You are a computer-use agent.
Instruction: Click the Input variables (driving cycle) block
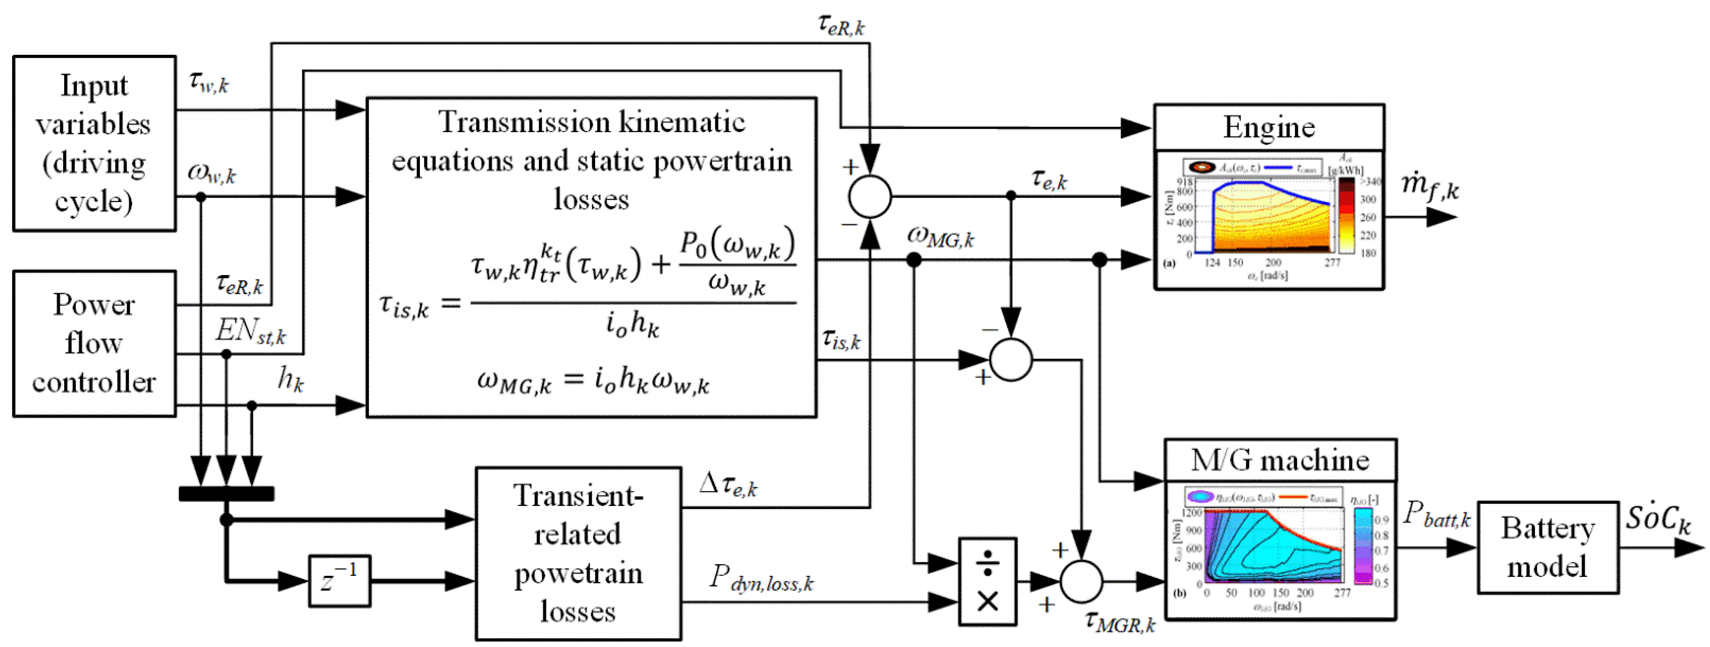pyautogui.click(x=94, y=143)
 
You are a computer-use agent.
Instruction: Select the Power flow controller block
pyautogui.click(x=94, y=343)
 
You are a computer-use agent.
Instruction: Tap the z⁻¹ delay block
pyautogui.click(x=339, y=581)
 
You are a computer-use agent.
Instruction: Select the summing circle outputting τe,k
pyautogui.click(x=870, y=196)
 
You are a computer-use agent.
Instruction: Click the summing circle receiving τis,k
pyautogui.click(x=1011, y=360)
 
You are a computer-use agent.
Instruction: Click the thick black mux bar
pyautogui.click(x=226, y=493)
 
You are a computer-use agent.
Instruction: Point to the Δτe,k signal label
pyautogui.click(x=728, y=485)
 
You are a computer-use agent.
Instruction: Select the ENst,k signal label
pyautogui.click(x=250, y=330)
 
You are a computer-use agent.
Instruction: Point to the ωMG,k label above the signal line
pyautogui.click(x=940, y=237)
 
